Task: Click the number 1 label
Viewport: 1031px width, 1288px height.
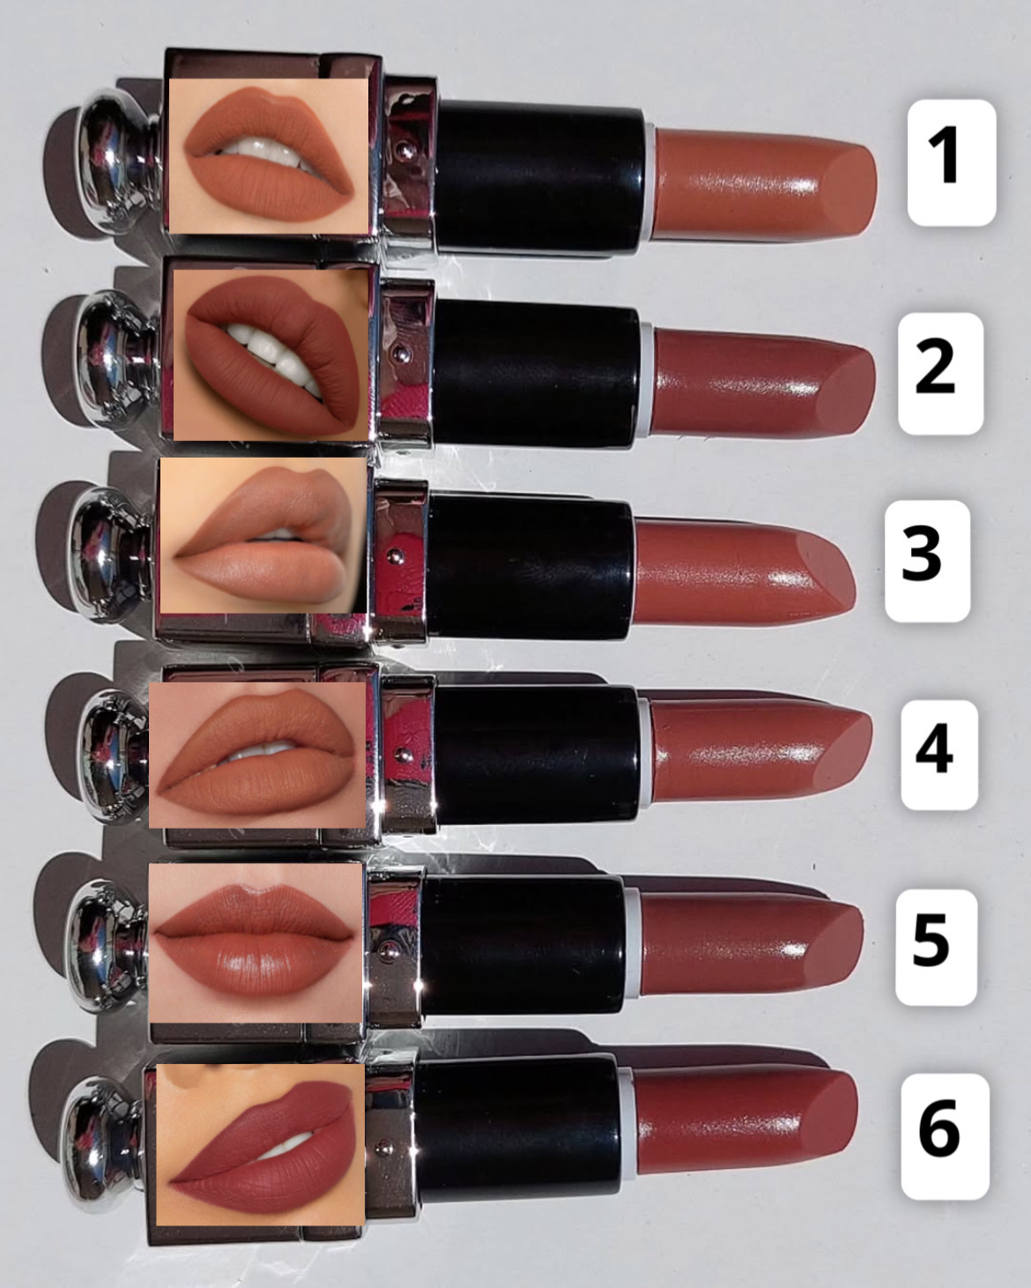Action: tap(952, 162)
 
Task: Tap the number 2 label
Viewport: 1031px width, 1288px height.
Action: tap(940, 373)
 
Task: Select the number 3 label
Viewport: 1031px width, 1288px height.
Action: tap(928, 561)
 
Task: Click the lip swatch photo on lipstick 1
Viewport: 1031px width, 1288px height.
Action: tap(269, 156)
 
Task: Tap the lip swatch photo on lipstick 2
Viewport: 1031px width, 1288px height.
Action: tap(271, 354)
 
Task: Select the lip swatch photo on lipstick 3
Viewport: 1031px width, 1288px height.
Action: tap(263, 536)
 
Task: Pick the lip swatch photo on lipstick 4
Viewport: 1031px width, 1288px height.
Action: tap(257, 756)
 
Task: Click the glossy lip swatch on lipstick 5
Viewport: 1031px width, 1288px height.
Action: tap(256, 942)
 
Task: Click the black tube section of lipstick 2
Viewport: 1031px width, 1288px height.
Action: tap(536, 377)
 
